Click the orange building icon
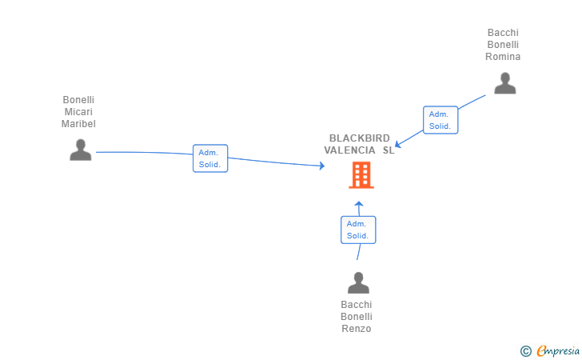(x=361, y=175)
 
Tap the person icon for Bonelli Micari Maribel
(x=81, y=150)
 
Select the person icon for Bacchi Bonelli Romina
(x=504, y=83)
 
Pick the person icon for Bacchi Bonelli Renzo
(x=358, y=282)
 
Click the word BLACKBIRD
(x=359, y=138)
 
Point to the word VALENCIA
(x=349, y=150)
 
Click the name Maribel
(x=78, y=124)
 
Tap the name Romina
(x=503, y=57)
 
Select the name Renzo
(x=357, y=329)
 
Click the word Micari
(x=78, y=112)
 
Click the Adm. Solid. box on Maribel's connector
(x=210, y=158)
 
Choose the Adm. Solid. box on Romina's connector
(x=440, y=120)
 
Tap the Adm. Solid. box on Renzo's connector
(x=358, y=230)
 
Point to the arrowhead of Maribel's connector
(x=322, y=166)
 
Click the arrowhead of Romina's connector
(x=397, y=144)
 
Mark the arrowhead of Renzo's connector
(x=358, y=203)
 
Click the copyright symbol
(x=525, y=351)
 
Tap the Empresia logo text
(x=558, y=350)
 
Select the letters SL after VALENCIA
(x=389, y=150)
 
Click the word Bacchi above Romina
(x=503, y=33)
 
